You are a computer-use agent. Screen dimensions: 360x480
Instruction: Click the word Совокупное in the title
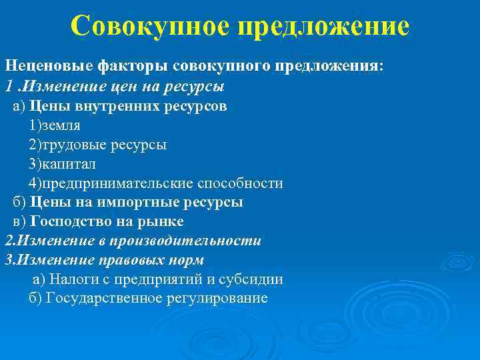151,27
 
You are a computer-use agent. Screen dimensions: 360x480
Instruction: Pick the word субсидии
254,279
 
